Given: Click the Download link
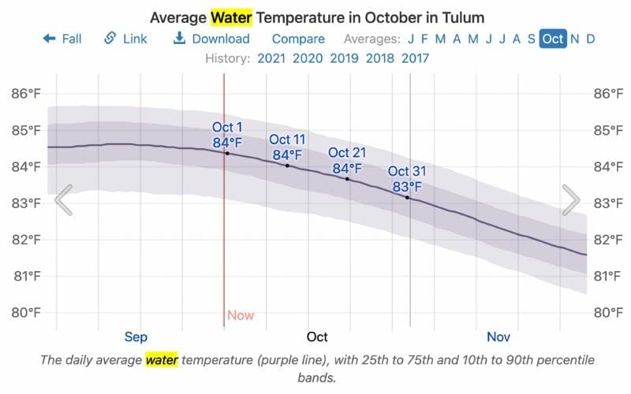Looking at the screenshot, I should click(211, 39).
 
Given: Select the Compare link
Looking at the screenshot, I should click(298, 39).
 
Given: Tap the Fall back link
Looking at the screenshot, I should click(62, 39).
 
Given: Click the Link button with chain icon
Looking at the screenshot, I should click(125, 39).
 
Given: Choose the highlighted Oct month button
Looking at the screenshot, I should click(552, 39).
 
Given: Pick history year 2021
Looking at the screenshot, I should click(271, 58).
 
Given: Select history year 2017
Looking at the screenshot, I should click(416, 58).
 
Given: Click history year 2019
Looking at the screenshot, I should click(344, 58).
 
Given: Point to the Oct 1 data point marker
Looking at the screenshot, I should click(227, 153).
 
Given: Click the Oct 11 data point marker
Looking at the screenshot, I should click(287, 165).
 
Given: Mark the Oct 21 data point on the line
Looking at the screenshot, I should click(347, 179).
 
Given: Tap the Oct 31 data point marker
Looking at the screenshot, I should click(408, 197).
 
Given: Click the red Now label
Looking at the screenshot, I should click(241, 315).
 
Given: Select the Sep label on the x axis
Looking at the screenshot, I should click(136, 337).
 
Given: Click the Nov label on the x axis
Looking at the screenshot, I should click(498, 337).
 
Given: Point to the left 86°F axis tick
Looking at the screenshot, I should click(25, 94).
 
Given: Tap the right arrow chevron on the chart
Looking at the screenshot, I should click(571, 200).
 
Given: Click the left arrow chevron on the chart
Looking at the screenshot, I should click(64, 200).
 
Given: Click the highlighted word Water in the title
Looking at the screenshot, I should click(231, 17).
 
